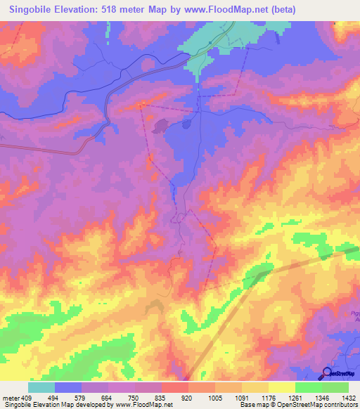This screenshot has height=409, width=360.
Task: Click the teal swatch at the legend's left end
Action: click(x=41, y=387)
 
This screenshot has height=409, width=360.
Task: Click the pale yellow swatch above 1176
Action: click(x=255, y=387)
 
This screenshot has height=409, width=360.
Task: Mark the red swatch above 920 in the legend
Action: click(x=175, y=387)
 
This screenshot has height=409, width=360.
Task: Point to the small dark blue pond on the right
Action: click(x=187, y=124)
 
